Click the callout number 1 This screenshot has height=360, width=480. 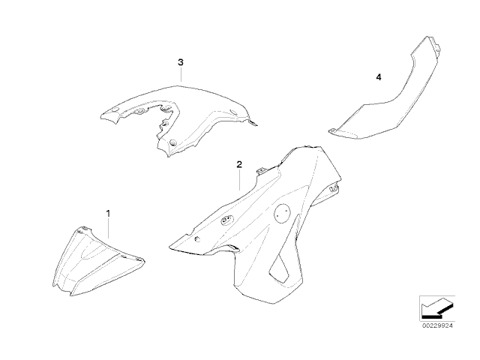coord(108,213)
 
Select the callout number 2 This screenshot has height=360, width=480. coord(239,164)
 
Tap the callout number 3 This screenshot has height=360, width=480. coord(181,62)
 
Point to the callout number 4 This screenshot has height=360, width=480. coord(379,77)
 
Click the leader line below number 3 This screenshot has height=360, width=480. coord(181,74)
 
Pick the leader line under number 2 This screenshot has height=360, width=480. coord(240,180)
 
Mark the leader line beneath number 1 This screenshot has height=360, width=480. coord(108,228)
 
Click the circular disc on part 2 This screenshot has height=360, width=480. coord(282,213)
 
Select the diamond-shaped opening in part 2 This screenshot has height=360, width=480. coord(280,268)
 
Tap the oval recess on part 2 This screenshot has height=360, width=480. coord(227,220)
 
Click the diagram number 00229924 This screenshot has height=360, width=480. coord(437,325)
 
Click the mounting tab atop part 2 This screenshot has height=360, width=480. coord(262,170)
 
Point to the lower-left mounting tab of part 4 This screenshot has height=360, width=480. coord(332,131)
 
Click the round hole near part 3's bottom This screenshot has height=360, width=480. coord(173,142)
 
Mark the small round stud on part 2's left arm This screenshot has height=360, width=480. coord(196,238)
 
